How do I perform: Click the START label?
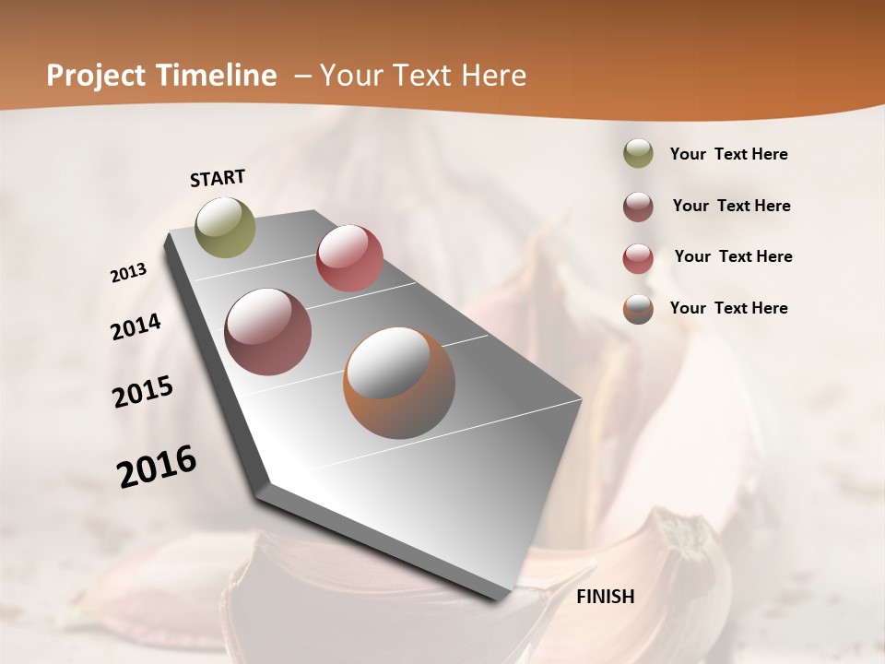218,178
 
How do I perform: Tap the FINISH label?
605,597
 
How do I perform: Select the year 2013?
129,273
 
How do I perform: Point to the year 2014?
136,327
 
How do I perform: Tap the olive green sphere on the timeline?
226,227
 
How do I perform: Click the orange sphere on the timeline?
399,383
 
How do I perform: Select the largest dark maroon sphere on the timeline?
268,332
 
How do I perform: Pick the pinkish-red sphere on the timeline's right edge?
349,258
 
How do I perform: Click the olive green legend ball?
638,154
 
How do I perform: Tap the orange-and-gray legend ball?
638,309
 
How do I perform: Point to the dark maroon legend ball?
638,207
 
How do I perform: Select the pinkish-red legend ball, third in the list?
638,258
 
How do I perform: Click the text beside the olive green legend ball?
728,155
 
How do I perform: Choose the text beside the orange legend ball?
728,308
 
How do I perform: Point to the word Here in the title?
493,76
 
